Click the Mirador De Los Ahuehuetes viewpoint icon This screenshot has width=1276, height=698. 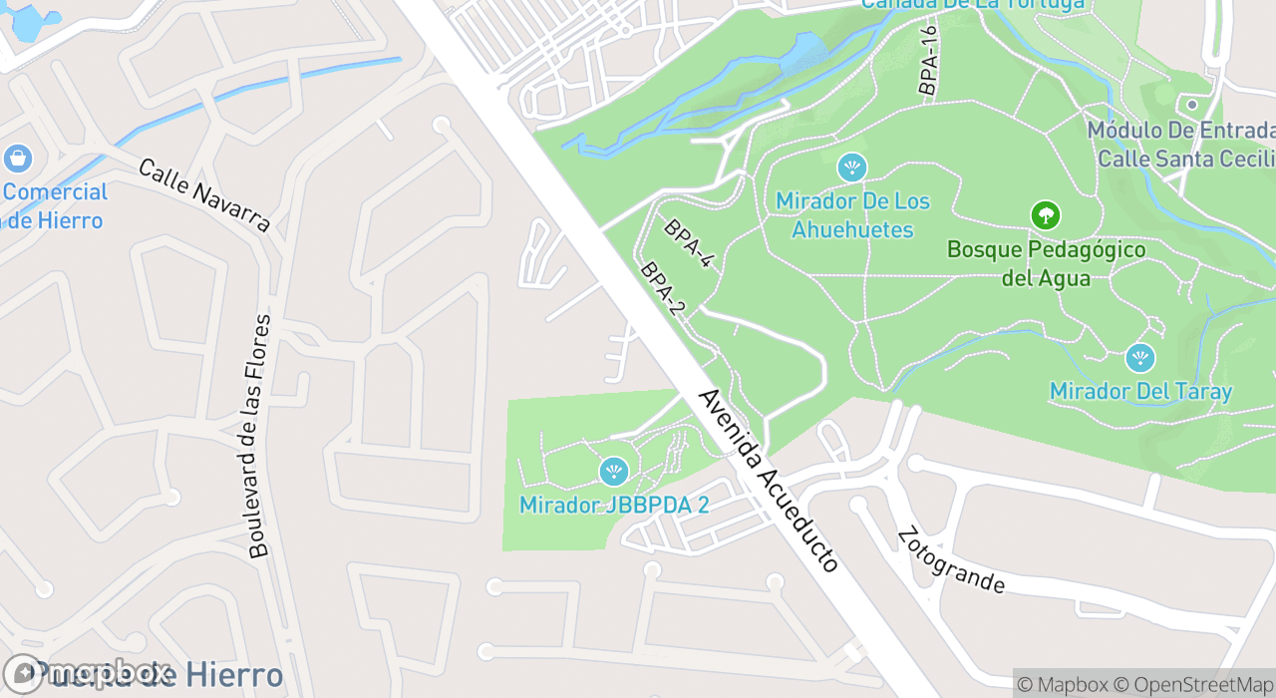852,167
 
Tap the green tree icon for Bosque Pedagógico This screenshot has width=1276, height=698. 1045,214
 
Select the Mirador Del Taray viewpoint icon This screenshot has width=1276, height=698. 1139,358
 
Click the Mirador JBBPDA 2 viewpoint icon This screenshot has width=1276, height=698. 614,471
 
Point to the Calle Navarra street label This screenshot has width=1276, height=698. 204,194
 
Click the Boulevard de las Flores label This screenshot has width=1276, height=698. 258,436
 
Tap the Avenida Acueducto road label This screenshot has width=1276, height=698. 769,481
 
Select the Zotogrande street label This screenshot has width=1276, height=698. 949,559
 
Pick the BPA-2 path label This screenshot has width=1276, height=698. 663,288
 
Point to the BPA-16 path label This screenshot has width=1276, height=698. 929,61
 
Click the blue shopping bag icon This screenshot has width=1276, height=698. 17,158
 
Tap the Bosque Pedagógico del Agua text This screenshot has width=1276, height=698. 1046,263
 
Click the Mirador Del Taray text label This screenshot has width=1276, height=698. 1140,392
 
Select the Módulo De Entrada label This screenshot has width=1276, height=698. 1180,131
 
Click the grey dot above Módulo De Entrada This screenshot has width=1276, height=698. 1191,105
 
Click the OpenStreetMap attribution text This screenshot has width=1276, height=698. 1192,684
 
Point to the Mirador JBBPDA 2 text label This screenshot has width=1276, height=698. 614,506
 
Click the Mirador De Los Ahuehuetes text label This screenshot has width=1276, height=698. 852,215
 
